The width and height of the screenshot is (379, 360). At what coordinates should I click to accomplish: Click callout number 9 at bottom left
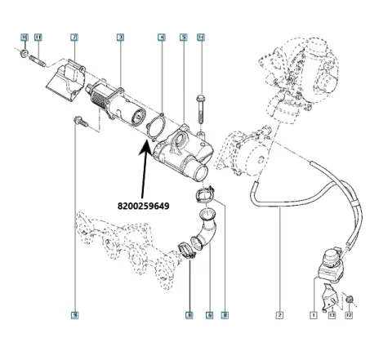[74, 314]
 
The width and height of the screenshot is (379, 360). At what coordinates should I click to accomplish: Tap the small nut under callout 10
[26, 57]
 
